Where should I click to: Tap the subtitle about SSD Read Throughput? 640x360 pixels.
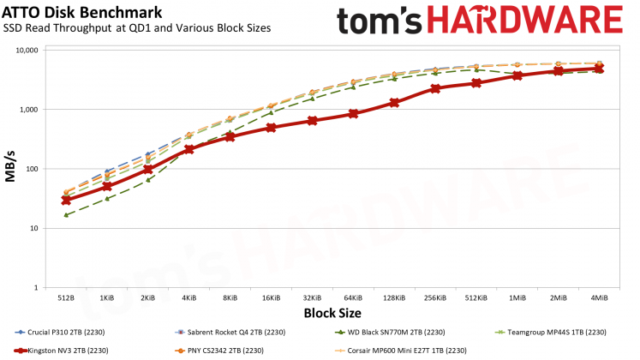click(x=137, y=28)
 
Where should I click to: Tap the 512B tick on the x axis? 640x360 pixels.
click(x=66, y=297)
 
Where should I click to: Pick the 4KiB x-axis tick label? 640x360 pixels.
click(x=188, y=297)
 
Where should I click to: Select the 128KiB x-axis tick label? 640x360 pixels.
click(x=393, y=297)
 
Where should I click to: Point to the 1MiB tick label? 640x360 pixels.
click(x=517, y=297)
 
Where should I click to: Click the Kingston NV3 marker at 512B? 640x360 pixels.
click(x=66, y=200)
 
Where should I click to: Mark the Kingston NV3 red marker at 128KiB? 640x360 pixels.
click(x=394, y=103)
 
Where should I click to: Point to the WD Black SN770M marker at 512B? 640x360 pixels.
click(x=66, y=214)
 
